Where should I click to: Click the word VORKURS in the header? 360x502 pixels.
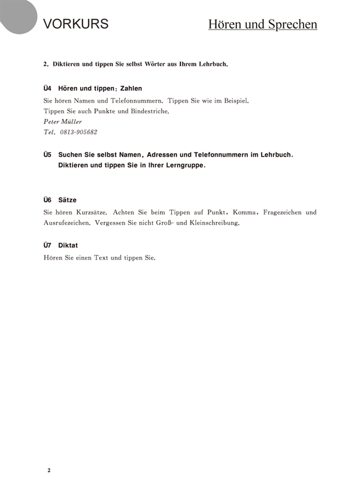pyautogui.click(x=76, y=24)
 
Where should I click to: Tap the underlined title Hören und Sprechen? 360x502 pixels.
pyautogui.click(x=262, y=24)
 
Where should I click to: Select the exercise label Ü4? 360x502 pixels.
pyautogui.click(x=48, y=88)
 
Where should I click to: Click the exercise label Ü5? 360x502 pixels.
pyautogui.click(x=48, y=155)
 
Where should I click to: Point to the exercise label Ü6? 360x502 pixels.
pyautogui.click(x=48, y=200)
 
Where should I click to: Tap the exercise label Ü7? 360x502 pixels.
pyautogui.click(x=48, y=245)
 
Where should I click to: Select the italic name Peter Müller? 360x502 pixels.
pyautogui.click(x=62, y=122)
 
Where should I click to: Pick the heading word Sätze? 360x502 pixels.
pyautogui.click(x=67, y=200)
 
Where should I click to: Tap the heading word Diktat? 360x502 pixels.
pyautogui.click(x=68, y=245)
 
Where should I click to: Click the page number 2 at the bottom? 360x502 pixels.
pyautogui.click(x=49, y=470)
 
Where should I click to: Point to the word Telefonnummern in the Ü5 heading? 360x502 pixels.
pyautogui.click(x=221, y=155)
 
